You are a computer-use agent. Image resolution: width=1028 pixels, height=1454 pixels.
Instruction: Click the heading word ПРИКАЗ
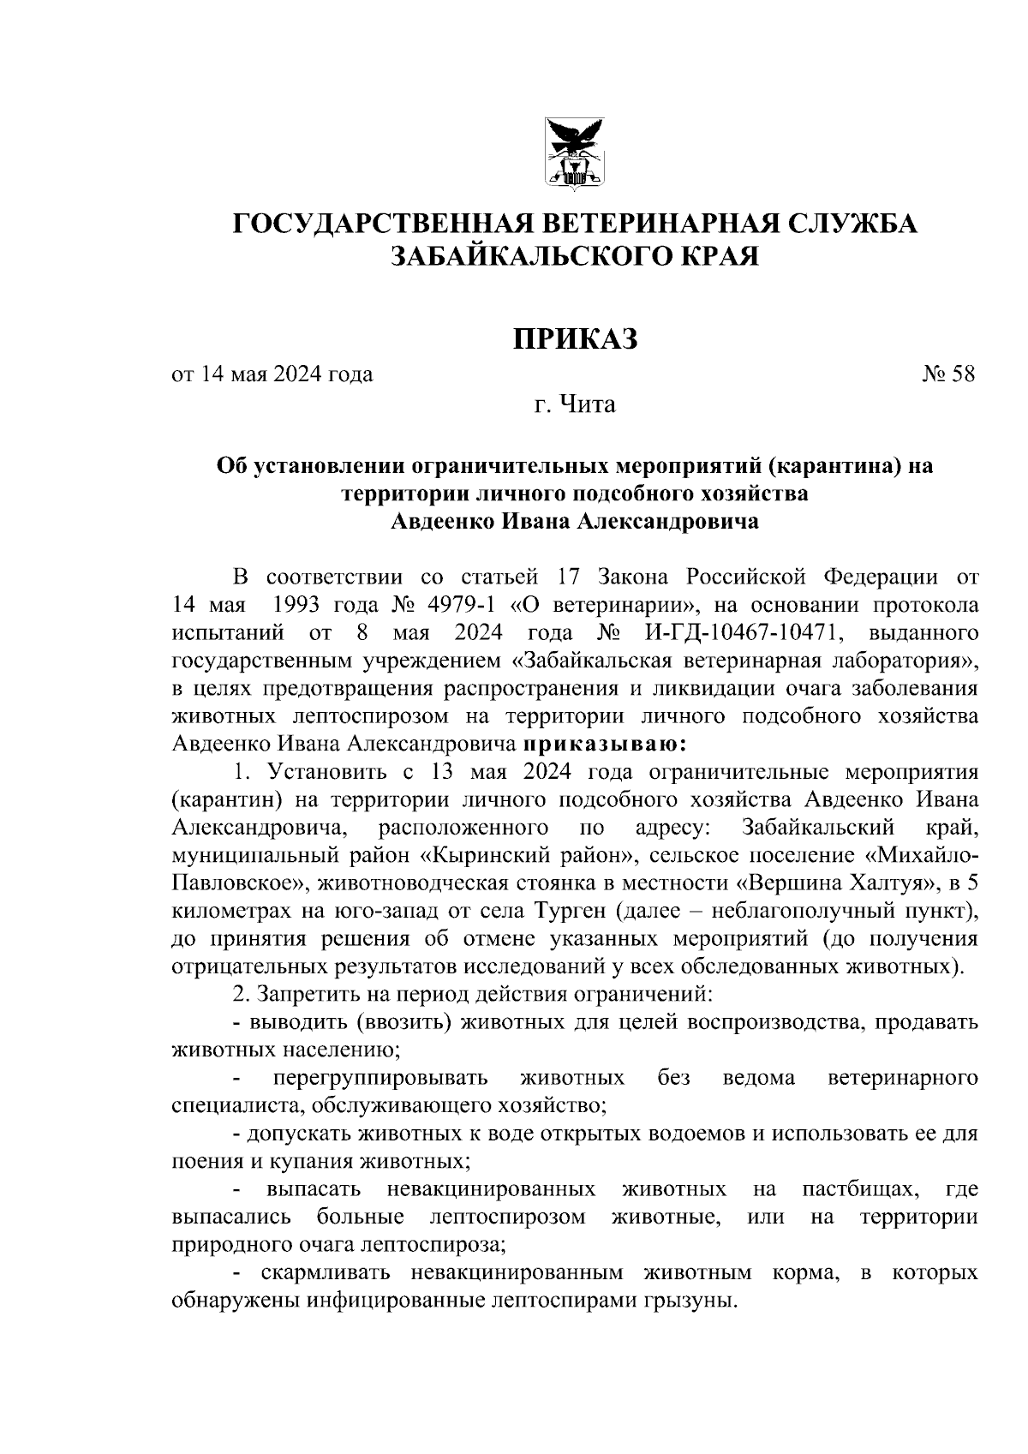[x=575, y=338]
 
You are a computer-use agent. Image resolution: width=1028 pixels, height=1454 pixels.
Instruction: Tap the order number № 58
[x=948, y=374]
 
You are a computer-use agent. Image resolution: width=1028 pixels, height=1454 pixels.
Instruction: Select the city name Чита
[x=587, y=404]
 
